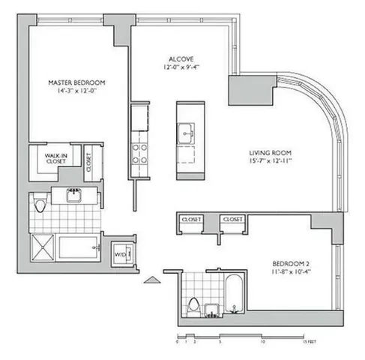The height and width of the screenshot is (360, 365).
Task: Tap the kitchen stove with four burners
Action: click(139, 154)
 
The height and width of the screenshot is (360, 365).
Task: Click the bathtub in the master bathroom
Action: click(79, 247)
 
